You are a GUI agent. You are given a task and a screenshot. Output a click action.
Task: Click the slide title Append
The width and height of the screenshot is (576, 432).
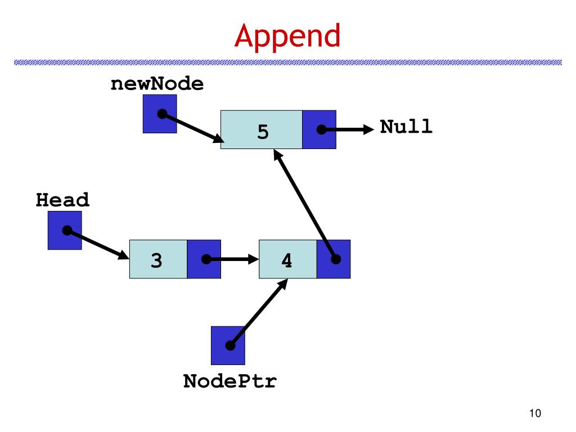pos(287,37)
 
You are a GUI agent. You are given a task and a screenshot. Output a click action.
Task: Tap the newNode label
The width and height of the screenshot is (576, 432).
pos(157,84)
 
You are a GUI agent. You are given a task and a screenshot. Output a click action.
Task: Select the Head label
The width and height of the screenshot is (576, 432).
pos(62,200)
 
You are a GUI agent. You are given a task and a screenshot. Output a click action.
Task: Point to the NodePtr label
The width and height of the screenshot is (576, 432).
pos(229,381)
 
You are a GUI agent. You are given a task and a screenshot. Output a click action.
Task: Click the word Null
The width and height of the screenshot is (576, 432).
pos(406,127)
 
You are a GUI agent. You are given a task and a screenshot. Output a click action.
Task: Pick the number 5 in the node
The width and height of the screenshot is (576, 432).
pos(263,132)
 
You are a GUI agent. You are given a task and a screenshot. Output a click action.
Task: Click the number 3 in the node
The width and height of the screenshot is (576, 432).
pos(156,260)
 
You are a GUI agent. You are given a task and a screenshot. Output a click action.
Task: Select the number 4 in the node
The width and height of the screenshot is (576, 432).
pos(286,260)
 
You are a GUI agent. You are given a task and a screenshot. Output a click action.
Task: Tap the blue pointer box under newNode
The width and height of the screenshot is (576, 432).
pos(160,114)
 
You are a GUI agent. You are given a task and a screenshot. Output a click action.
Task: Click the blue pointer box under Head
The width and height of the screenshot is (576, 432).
pos(65,230)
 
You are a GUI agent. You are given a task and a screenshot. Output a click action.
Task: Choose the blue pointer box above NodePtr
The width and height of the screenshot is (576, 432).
pos(228,346)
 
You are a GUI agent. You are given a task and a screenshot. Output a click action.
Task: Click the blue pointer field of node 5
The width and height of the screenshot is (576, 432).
pos(319,130)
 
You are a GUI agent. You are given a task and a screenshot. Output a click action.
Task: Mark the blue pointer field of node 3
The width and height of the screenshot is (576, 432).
pos(204,259)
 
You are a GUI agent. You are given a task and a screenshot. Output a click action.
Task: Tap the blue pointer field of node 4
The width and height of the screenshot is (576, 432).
pos(334,259)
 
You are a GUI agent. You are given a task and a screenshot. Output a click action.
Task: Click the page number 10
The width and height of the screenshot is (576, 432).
pos(535,413)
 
